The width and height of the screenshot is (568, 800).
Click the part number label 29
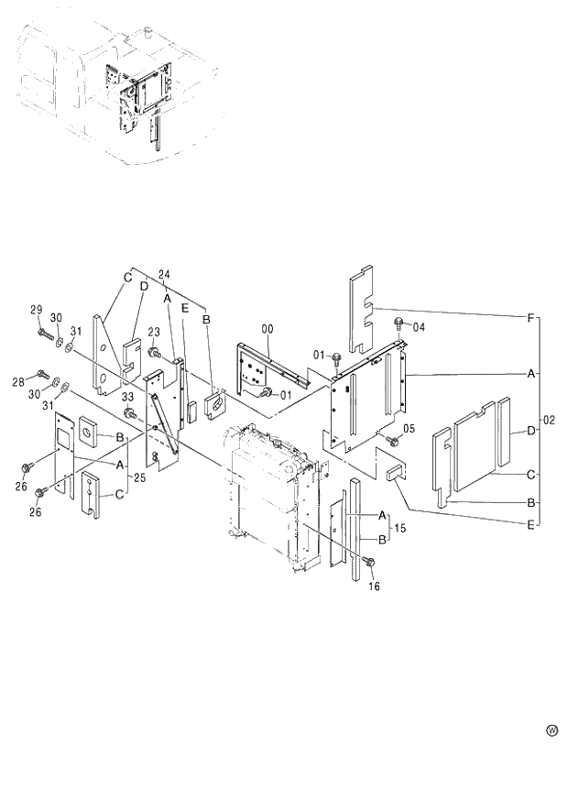click(x=38, y=311)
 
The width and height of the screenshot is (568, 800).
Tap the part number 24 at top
click(x=164, y=275)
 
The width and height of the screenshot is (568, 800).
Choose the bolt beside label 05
click(x=391, y=441)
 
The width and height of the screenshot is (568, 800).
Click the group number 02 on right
click(x=551, y=421)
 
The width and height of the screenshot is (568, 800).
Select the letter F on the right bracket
click(x=530, y=317)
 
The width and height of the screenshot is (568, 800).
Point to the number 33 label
click(x=127, y=397)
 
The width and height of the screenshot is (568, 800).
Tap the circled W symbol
click(x=552, y=730)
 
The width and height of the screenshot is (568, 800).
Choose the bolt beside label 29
click(x=43, y=332)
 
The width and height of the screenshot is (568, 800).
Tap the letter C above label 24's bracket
click(x=129, y=278)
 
